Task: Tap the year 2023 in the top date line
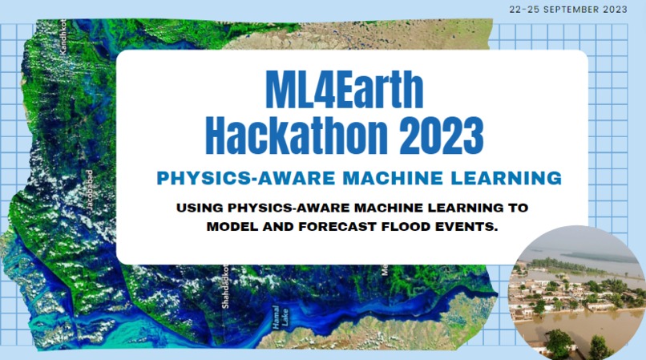(626, 10)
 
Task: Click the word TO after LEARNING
(519, 208)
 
